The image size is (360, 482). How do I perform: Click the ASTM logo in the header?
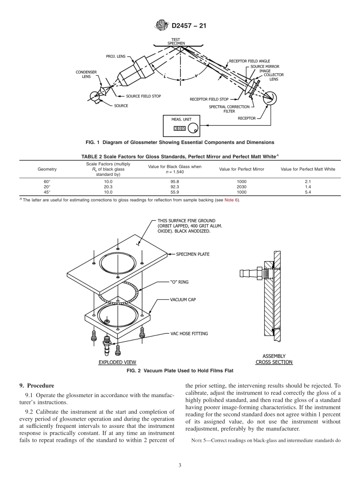coord(162,26)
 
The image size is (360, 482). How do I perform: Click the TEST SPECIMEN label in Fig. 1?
coord(176,41)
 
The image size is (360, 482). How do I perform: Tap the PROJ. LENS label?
coord(116,56)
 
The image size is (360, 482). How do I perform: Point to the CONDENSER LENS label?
coord(86,74)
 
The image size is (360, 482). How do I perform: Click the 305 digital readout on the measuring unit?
coord(180,128)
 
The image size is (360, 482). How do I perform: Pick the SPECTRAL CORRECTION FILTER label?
coord(229,109)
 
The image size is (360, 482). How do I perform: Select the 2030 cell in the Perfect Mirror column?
coord(241,186)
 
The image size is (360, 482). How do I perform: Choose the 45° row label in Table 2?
coord(47,192)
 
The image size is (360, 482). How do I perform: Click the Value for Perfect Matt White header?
coord(308,169)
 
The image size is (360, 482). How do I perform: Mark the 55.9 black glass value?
coord(174,192)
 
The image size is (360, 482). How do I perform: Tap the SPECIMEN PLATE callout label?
coord(193,254)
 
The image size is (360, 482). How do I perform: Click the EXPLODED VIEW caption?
coord(117,362)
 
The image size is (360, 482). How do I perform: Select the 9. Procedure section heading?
coord(37,386)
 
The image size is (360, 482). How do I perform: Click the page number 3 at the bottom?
coord(180,465)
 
